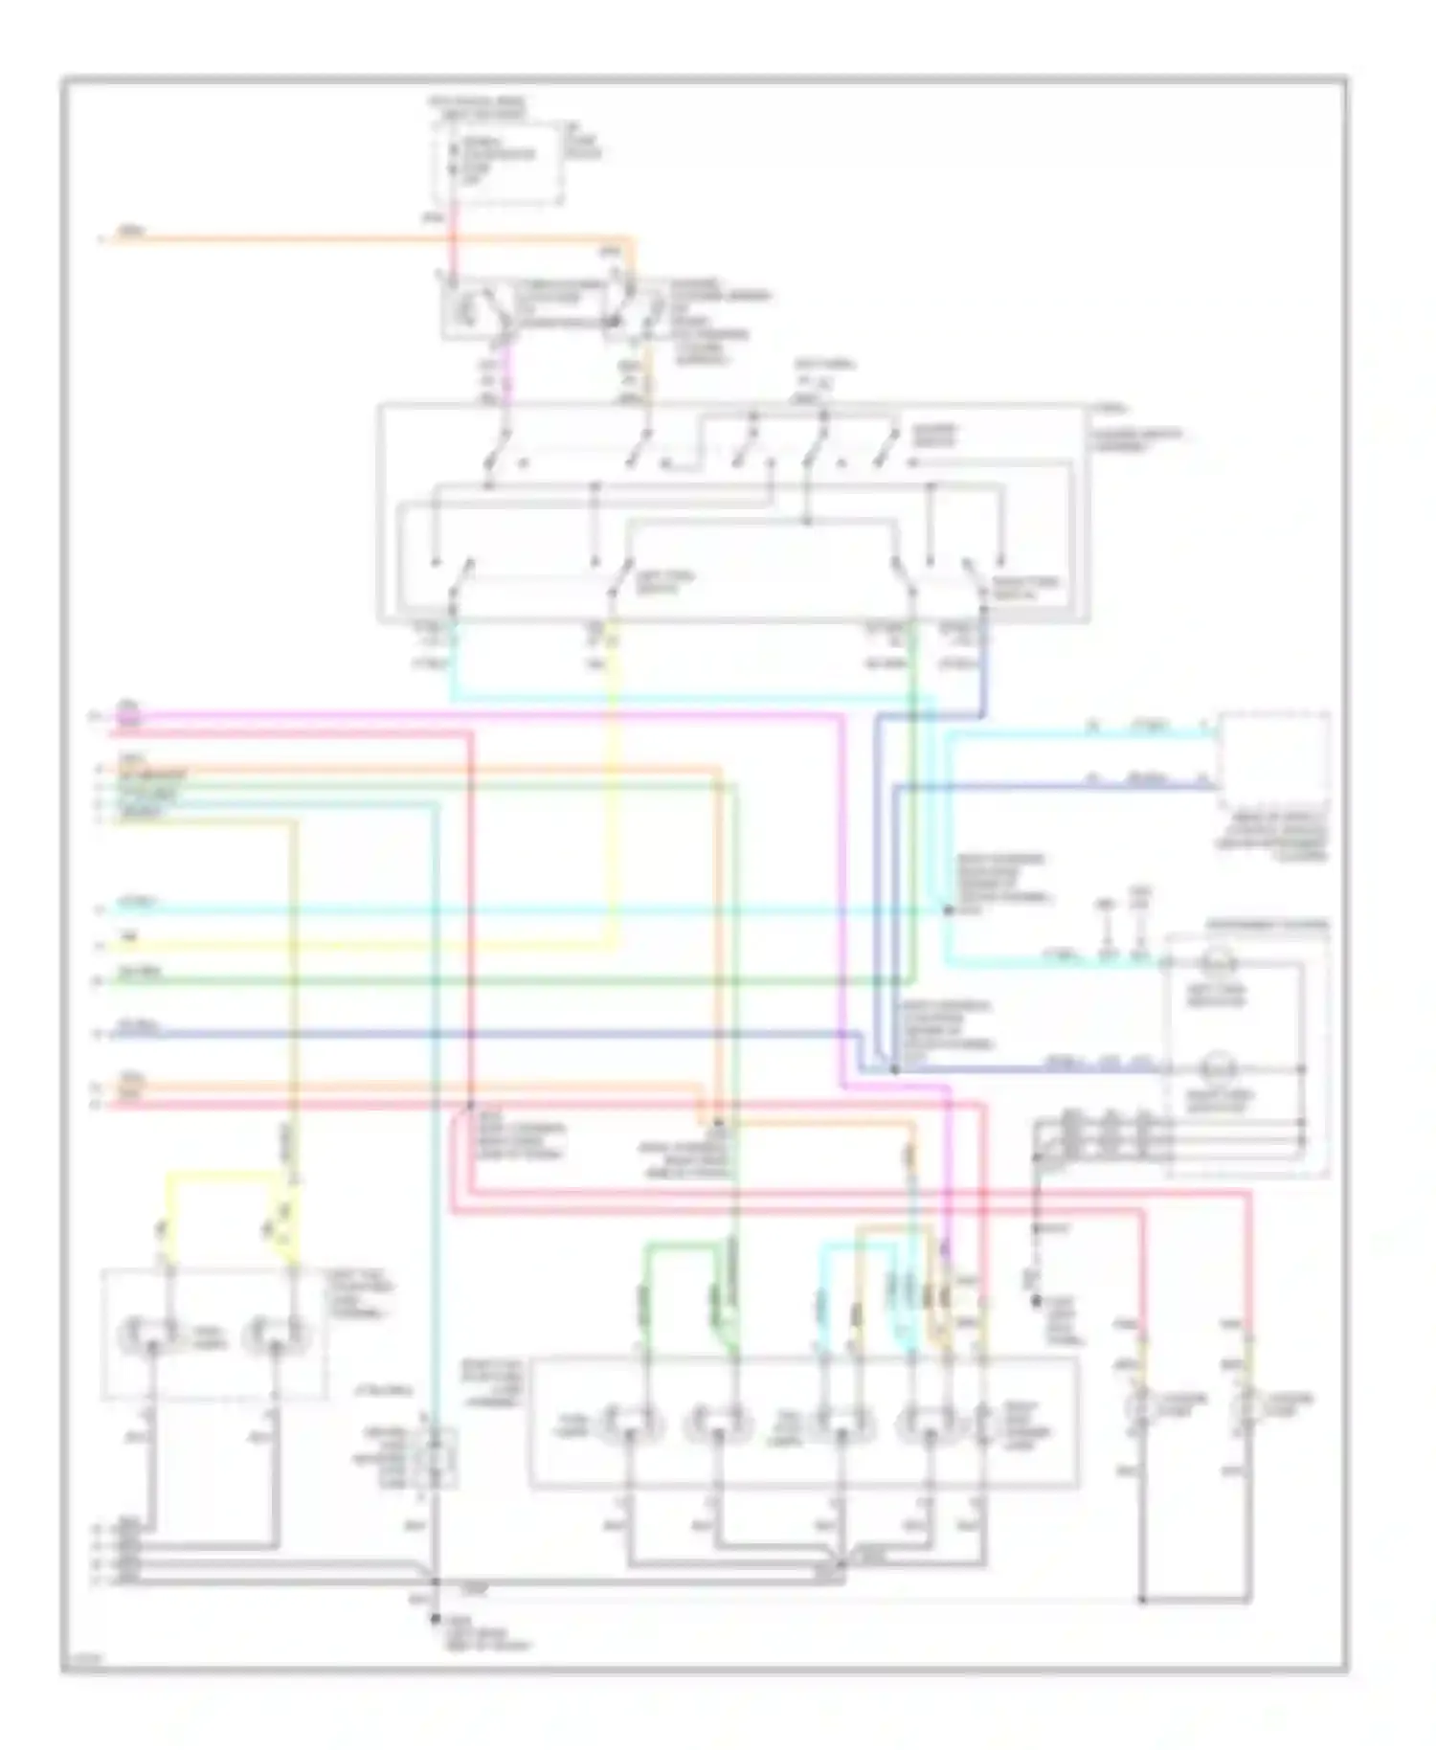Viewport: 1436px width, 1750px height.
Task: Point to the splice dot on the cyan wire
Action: (x=948, y=909)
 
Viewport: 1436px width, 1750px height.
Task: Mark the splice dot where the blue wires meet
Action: (x=893, y=1067)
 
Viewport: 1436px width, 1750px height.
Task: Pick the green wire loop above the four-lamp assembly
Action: (x=689, y=1245)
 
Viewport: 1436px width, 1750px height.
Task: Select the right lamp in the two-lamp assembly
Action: (x=276, y=1333)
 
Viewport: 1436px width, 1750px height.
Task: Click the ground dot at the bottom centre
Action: (x=434, y=1618)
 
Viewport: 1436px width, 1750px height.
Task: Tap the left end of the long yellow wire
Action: (x=110, y=947)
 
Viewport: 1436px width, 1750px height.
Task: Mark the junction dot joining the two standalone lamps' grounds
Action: (x=1143, y=1600)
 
